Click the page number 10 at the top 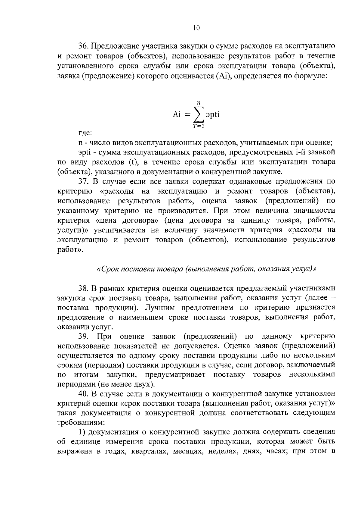[x=196, y=28]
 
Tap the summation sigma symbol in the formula [x=199, y=115]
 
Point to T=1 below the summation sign [x=199, y=126]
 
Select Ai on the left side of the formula [x=177, y=114]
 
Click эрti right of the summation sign [x=213, y=115]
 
